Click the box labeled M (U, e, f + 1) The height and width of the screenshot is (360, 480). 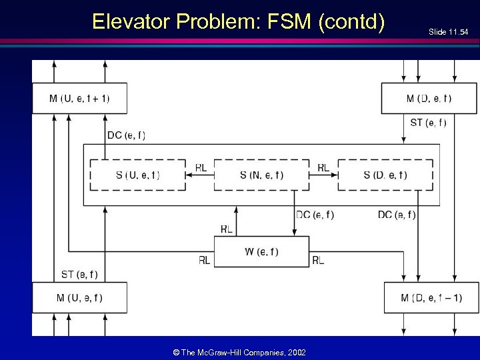click(79, 99)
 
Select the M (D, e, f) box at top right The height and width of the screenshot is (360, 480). click(429, 99)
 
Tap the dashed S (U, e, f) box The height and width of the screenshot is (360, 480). click(137, 175)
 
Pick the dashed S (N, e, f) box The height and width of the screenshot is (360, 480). click(261, 175)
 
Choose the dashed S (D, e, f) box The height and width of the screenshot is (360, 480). click(385, 175)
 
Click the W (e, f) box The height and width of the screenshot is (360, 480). click(261, 251)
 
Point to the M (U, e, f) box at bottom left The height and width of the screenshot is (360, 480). click(79, 297)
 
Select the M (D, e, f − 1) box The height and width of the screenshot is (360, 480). click(431, 297)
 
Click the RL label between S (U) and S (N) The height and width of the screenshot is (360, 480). click(200, 167)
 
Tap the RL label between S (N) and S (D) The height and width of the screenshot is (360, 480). click(323, 167)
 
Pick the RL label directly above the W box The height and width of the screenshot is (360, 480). click(226, 229)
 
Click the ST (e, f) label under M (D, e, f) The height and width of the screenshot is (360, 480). click(428, 122)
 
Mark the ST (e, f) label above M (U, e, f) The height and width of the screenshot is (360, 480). click(79, 274)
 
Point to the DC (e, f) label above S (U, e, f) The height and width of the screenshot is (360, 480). click(126, 135)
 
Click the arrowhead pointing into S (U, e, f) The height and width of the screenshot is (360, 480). click(189, 175)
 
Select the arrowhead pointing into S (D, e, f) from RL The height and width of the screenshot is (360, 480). click(335, 175)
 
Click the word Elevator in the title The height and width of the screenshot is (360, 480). click(131, 21)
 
